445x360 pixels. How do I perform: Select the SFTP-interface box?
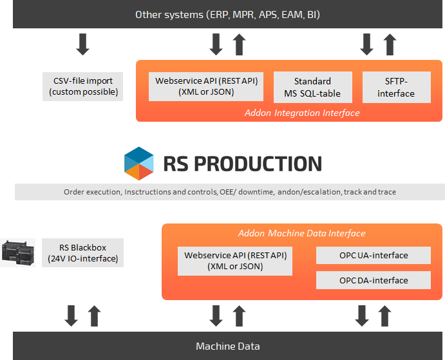[395, 87]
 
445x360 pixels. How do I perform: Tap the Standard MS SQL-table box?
[312, 87]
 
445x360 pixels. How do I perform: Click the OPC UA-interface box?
[374, 255]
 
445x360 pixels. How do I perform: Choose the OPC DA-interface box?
[374, 280]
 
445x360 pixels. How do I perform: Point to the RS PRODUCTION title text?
[242, 164]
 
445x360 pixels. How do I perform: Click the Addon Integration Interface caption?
[301, 113]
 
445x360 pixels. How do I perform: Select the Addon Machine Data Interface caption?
[301, 233]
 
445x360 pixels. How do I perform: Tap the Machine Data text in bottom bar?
[228, 346]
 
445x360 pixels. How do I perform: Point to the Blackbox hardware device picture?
[17, 253]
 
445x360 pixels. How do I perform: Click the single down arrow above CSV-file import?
[82, 44]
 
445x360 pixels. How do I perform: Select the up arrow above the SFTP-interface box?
[390, 44]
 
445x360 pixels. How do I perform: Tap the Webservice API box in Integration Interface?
[205, 87]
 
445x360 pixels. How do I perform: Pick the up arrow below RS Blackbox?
[94, 316]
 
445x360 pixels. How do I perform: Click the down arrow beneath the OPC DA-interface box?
[362, 316]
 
